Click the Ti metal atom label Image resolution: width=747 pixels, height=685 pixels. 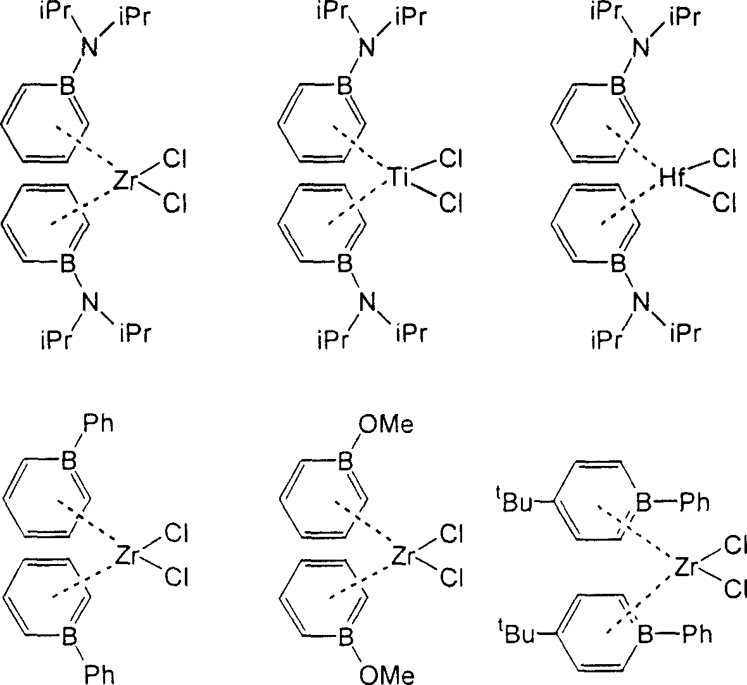click(x=399, y=177)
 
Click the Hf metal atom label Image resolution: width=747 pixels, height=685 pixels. click(x=672, y=177)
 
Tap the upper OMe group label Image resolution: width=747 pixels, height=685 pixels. click(x=386, y=424)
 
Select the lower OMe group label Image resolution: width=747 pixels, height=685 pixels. click(x=386, y=675)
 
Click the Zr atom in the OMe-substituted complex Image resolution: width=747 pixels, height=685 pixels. click(x=403, y=555)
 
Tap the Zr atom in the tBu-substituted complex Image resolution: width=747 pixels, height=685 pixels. click(x=687, y=567)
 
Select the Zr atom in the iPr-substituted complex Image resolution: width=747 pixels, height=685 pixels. click(x=126, y=182)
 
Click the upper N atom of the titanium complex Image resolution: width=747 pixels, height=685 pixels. click(x=367, y=47)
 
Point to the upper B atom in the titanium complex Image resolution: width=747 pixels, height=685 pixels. click(x=345, y=87)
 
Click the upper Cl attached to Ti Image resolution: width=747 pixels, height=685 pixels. click(x=451, y=158)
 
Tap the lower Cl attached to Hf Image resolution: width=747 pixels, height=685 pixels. click(x=725, y=203)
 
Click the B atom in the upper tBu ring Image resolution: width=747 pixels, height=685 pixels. click(x=644, y=502)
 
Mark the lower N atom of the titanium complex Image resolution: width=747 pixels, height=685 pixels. click(x=367, y=302)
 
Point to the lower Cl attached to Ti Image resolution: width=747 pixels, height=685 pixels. click(x=451, y=203)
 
